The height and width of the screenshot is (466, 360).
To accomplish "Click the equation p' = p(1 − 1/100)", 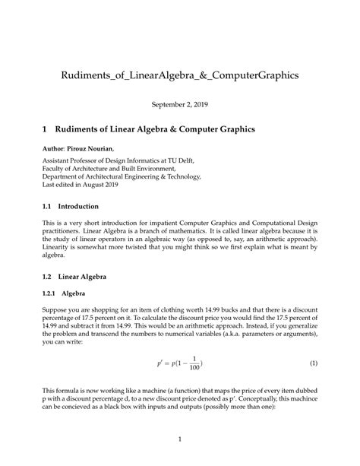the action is coord(180,363).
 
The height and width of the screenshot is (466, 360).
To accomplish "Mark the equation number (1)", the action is coord(313,363).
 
